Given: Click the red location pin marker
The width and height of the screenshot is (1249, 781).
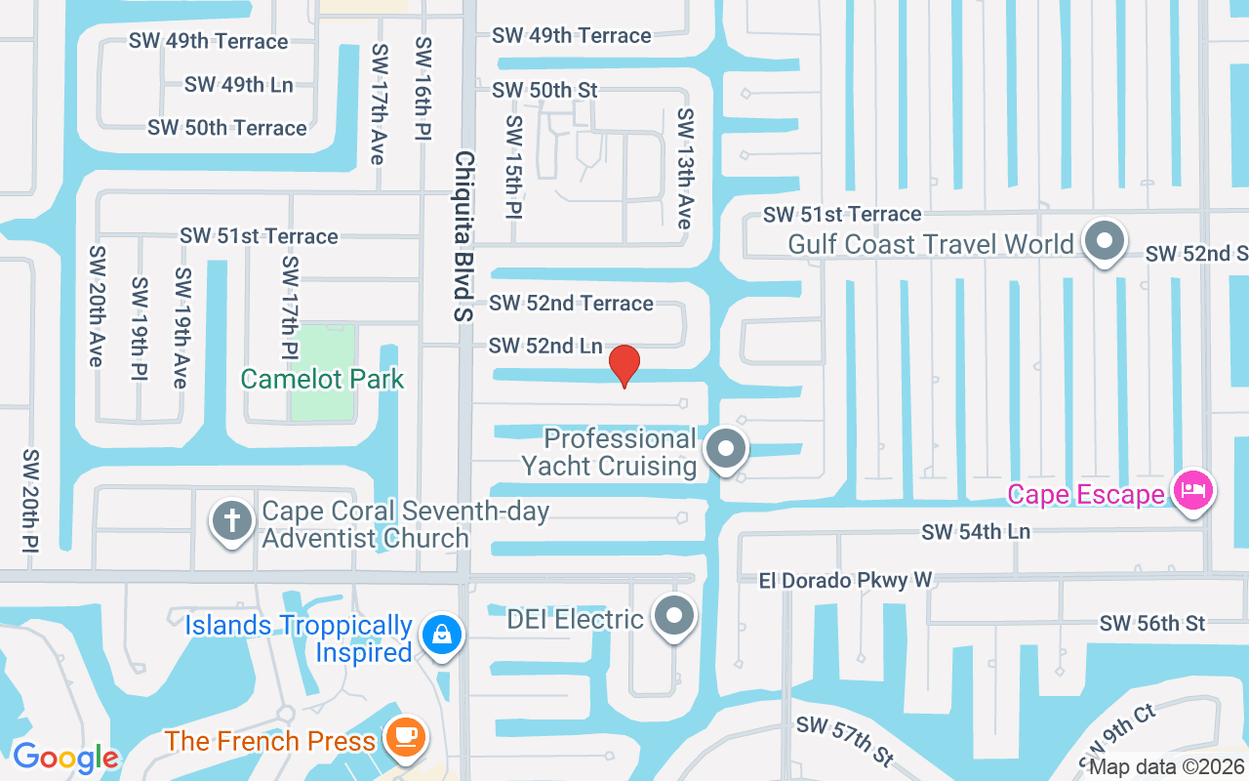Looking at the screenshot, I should [624, 365].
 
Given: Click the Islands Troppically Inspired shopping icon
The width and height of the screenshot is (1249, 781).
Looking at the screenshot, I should [442, 636].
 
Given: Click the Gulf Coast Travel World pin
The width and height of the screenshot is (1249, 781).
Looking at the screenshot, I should [1105, 239].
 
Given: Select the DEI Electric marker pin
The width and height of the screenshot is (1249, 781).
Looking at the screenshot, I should [673, 616].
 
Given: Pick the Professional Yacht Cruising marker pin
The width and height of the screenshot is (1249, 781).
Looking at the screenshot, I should [725, 449].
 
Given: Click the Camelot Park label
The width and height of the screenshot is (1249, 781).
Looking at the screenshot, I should [322, 379].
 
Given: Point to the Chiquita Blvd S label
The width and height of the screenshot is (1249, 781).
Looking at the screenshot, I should [464, 236].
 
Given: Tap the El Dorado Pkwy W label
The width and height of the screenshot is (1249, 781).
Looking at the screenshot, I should [846, 581].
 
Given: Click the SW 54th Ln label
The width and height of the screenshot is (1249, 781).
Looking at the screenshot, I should [976, 532].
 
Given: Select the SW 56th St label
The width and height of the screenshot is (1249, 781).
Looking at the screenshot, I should [1152, 623].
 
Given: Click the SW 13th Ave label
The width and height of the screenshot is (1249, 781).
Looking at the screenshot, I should [686, 168].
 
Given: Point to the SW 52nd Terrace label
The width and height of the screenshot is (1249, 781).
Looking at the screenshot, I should [572, 304].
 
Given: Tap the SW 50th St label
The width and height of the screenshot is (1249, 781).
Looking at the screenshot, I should [544, 90].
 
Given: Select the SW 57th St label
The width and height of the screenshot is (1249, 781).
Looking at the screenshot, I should [845, 740].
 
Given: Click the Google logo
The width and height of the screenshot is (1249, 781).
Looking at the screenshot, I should [65, 757].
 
